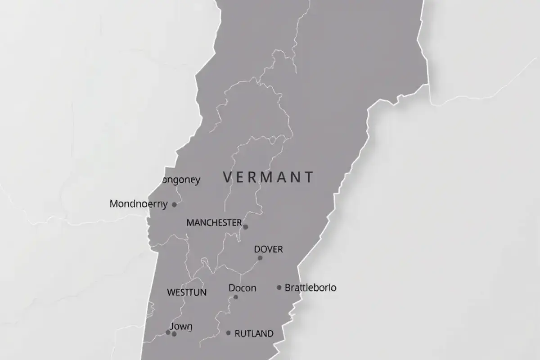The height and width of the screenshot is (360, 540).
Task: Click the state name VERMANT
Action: click(268, 177)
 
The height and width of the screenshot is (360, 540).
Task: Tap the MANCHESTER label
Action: click(214, 223)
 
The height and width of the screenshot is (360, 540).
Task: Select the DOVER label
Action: click(269, 249)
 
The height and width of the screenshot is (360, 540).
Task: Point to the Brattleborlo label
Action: click(310, 288)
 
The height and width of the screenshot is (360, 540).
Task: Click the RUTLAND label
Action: click(254, 333)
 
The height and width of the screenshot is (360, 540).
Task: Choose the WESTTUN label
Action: click(187, 292)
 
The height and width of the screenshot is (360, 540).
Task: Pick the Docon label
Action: click(242, 288)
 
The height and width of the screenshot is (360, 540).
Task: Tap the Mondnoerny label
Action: click(139, 204)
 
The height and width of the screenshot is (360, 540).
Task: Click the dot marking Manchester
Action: click(245, 227)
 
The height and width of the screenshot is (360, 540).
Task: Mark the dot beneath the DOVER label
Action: click(260, 258)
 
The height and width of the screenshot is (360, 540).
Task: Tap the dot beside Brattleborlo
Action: click(279, 287)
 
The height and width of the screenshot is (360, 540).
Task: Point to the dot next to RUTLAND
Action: click(229, 333)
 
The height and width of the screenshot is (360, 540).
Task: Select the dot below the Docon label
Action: click(236, 297)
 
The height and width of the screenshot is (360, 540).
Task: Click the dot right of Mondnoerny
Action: click(175, 204)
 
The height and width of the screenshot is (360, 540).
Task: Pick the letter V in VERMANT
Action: click(228, 177)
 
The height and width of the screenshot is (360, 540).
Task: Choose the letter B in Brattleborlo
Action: click(288, 288)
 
